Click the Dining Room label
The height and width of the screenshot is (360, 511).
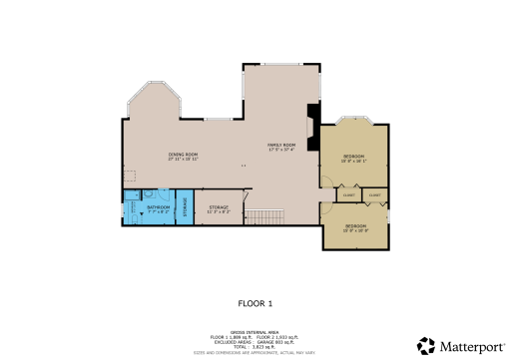click(184, 156)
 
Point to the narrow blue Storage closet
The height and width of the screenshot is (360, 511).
click(185, 210)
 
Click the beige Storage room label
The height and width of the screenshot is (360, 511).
click(219, 209)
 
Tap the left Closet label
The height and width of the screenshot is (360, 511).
click(348, 194)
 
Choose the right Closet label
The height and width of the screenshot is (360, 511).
click(374, 194)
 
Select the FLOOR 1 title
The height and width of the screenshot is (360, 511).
click(255, 301)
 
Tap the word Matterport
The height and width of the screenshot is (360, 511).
click(468, 345)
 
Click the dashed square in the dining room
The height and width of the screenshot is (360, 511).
click(129, 174)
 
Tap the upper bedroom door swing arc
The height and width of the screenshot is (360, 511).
click(325, 180)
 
